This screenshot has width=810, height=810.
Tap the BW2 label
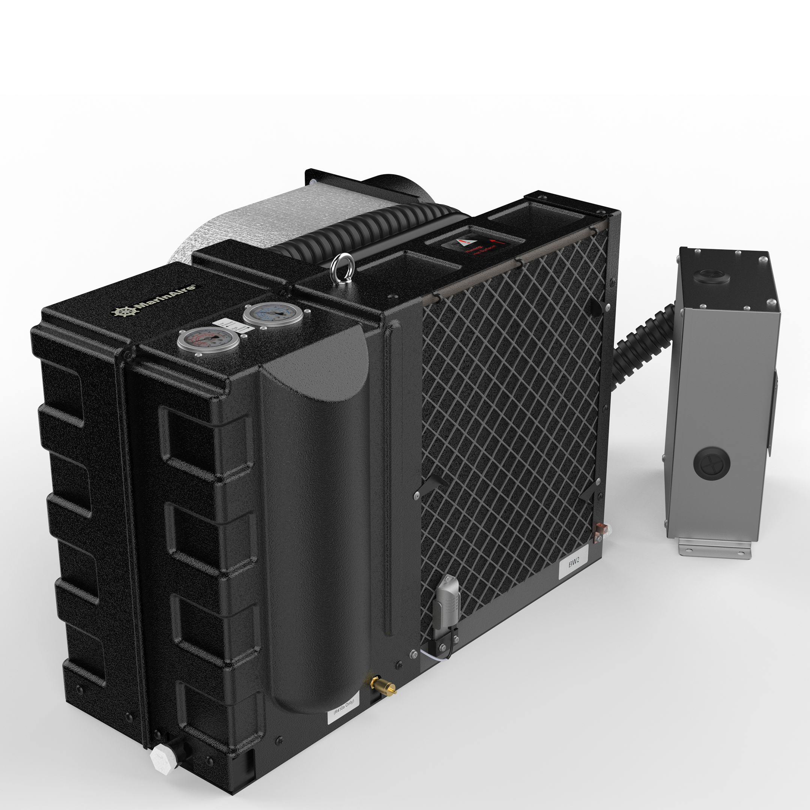pyautogui.click(x=574, y=564)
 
